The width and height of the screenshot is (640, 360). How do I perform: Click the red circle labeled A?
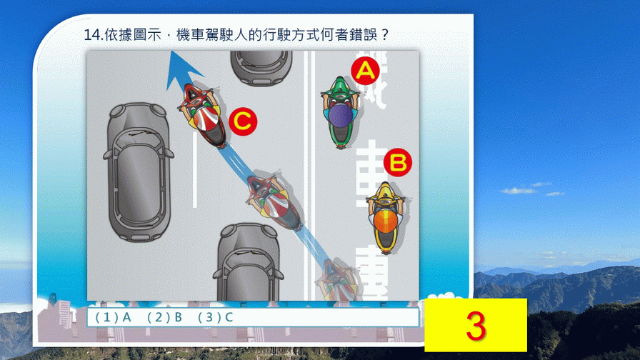365,71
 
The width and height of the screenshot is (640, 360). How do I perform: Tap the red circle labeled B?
398,162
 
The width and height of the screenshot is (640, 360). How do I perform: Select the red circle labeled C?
243,121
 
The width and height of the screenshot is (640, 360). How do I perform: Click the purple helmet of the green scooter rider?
341,115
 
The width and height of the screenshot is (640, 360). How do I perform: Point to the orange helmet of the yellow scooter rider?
385,221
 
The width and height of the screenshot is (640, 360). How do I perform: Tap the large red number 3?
476,325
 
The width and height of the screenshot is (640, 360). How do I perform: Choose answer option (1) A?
113,318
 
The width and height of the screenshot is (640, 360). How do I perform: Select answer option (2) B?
164,318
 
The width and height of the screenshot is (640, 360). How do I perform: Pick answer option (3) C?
216,318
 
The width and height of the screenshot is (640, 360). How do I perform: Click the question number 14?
94,35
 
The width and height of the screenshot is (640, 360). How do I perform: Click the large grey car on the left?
139,171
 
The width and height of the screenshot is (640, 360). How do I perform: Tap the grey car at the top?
261,68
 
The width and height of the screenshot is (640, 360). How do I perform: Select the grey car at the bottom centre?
248,262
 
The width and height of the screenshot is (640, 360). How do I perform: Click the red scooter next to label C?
204,115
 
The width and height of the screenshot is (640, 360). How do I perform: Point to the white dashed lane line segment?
195,169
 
